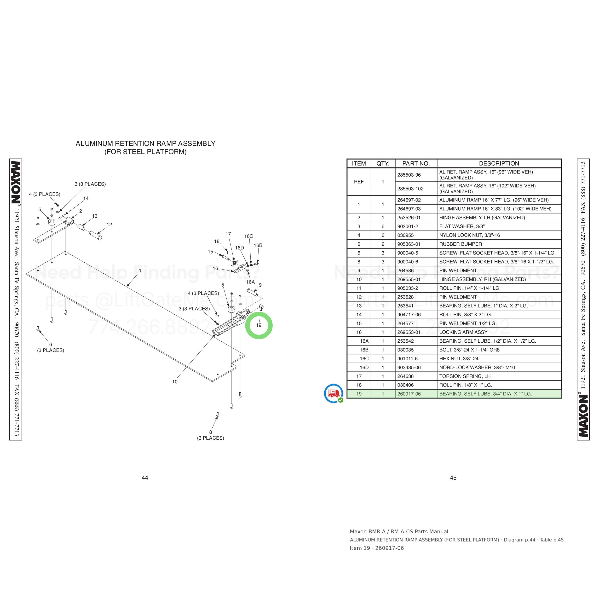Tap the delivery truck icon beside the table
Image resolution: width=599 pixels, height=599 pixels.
[x=334, y=393]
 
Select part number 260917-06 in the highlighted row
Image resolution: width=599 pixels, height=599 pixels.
[x=409, y=394]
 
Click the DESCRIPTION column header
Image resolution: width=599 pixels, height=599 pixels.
[x=499, y=163]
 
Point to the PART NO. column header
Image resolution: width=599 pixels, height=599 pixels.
[x=416, y=163]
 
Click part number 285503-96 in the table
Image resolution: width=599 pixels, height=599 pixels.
[x=409, y=175]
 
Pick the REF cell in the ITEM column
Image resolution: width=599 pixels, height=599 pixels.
[x=359, y=182]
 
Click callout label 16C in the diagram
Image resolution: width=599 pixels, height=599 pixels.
[x=249, y=236]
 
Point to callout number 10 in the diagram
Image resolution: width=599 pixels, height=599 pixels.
[x=175, y=382]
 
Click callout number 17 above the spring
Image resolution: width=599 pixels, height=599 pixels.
[x=228, y=234]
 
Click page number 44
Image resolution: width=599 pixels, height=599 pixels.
[x=145, y=478]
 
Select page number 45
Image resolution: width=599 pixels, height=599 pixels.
[x=453, y=478]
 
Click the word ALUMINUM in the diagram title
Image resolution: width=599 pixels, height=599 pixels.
[x=95, y=144]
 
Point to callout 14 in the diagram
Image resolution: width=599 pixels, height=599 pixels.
[x=86, y=198]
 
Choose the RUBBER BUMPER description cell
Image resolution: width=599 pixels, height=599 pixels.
[x=461, y=244]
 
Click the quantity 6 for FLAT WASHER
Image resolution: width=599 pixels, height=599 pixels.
[x=383, y=226]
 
